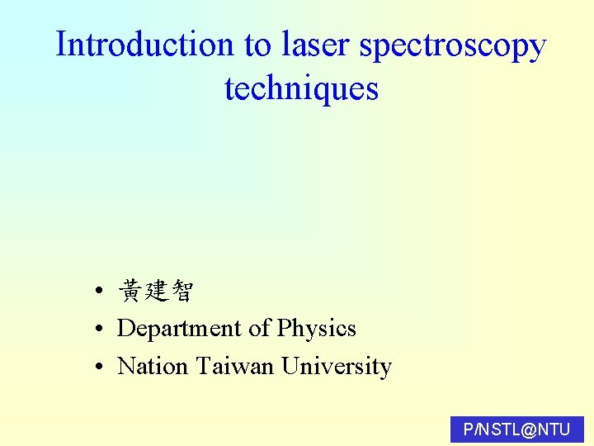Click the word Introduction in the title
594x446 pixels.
[x=145, y=45]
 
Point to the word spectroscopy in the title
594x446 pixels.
[x=452, y=46]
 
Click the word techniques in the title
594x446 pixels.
[x=301, y=88]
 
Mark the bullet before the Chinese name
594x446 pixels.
[x=98, y=292]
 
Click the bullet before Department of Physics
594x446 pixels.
[x=98, y=329]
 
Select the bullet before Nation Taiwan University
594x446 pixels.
[x=98, y=366]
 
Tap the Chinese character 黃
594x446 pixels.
[x=130, y=291]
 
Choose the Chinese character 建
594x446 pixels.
[x=155, y=291]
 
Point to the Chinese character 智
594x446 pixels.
[x=181, y=291]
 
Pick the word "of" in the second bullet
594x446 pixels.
[x=260, y=329]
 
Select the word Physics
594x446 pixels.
[x=317, y=329]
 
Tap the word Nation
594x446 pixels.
[x=153, y=366]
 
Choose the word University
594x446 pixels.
[x=337, y=366]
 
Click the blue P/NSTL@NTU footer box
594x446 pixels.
[x=517, y=429]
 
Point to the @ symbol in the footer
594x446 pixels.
[x=530, y=429]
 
